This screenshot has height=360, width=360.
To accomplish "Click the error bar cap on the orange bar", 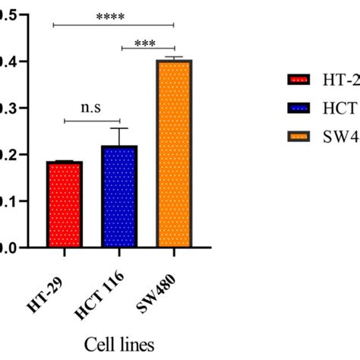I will click(x=174, y=57).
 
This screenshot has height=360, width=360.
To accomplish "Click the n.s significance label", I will click(x=91, y=109).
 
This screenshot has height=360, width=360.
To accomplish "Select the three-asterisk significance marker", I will click(x=147, y=43).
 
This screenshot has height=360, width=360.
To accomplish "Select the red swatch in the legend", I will click(x=297, y=81).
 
